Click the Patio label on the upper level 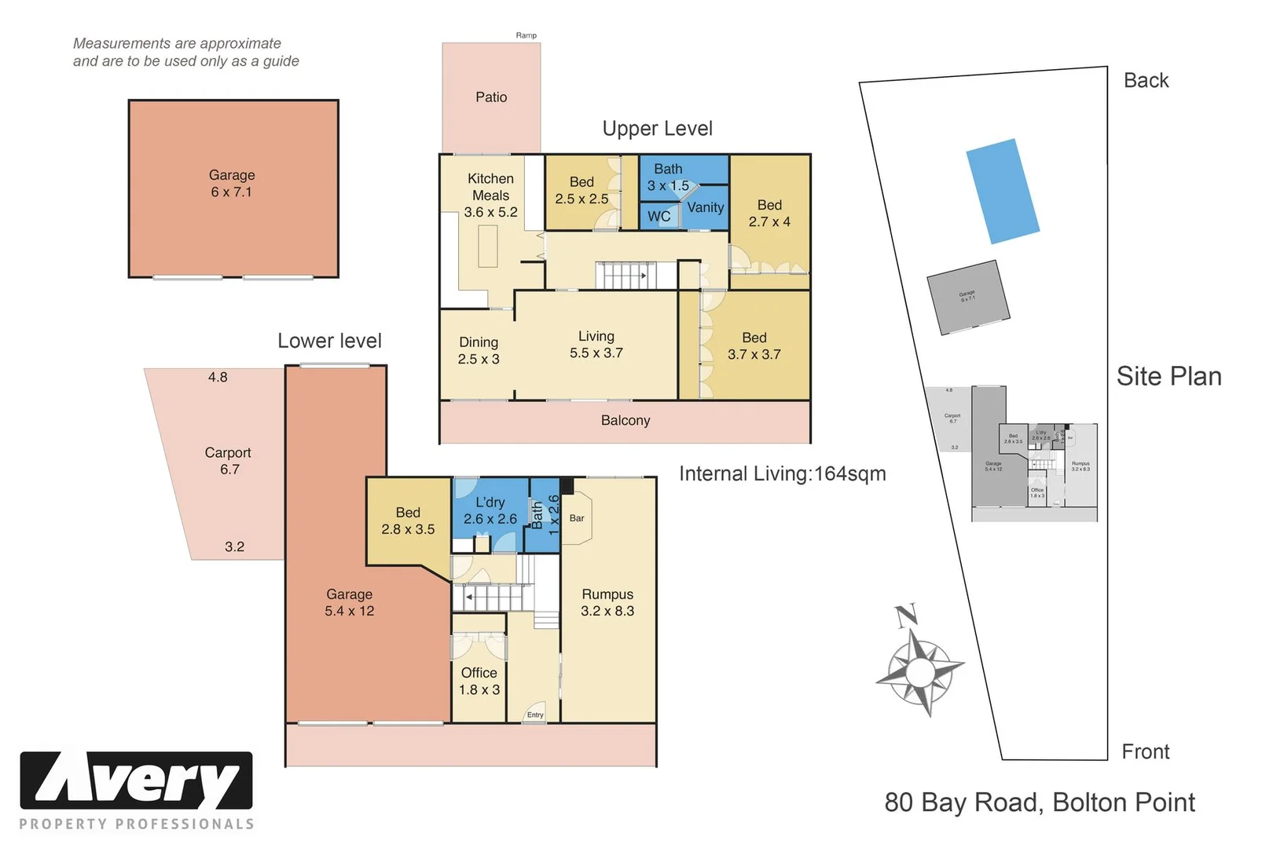pyautogui.click(x=491, y=97)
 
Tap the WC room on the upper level pyautogui.click(x=659, y=217)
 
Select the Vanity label pyautogui.click(x=705, y=207)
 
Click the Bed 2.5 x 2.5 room pyautogui.click(x=581, y=191)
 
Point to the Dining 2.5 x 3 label pyautogui.click(x=479, y=350)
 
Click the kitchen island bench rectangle pyautogui.click(x=488, y=246)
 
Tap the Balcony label pyautogui.click(x=625, y=421)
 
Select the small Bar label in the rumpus pyautogui.click(x=577, y=518)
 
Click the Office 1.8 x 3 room pyautogui.click(x=479, y=681)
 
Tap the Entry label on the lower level pyautogui.click(x=535, y=715)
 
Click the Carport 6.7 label pyautogui.click(x=228, y=461)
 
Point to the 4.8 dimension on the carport pyautogui.click(x=218, y=378)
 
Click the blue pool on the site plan pyautogui.click(x=1002, y=192)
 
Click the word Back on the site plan pyautogui.click(x=1146, y=81)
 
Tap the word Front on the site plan pyautogui.click(x=1145, y=752)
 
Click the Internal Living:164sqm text pyautogui.click(x=782, y=474)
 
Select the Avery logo pyautogui.click(x=136, y=780)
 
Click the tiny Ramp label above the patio pyautogui.click(x=526, y=35)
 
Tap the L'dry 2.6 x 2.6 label pyautogui.click(x=490, y=510)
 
